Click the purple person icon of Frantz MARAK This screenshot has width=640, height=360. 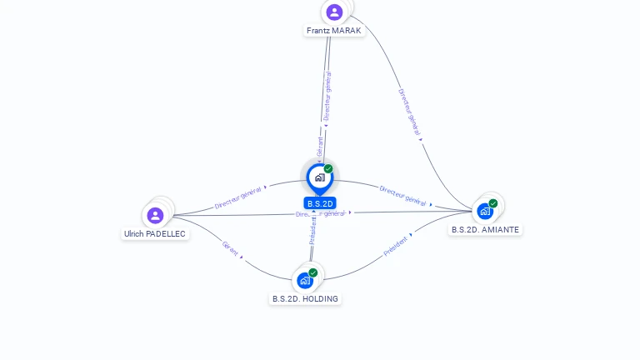[x=334, y=12]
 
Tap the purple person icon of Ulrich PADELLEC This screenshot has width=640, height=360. [x=155, y=215]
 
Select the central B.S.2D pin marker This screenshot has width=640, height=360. [x=319, y=177]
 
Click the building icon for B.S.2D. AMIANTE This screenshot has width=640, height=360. [x=485, y=211]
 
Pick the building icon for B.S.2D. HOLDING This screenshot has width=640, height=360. [x=305, y=280]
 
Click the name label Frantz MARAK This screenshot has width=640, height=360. [x=333, y=31]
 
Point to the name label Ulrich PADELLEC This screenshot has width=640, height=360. [x=155, y=234]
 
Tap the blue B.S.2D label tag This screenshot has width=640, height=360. [x=320, y=203]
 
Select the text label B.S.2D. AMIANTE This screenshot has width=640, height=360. [x=485, y=229]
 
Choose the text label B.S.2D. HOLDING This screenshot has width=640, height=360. [x=305, y=298]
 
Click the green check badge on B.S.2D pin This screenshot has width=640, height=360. [x=328, y=168]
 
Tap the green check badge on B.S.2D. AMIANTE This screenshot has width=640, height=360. [x=493, y=202]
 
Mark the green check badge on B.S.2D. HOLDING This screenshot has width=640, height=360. [x=313, y=272]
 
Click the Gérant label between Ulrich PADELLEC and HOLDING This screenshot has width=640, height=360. [x=229, y=247]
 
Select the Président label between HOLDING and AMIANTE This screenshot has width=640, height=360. [x=396, y=245]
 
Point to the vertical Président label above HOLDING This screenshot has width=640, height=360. [x=312, y=232]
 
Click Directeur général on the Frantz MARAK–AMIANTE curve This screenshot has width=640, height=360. [x=409, y=112]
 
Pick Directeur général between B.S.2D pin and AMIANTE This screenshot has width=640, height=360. [x=403, y=195]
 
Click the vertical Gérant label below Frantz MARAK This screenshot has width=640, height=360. [x=319, y=147]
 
